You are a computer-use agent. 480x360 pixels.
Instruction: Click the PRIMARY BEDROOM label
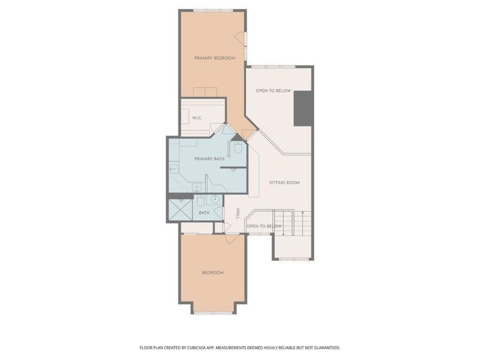[x=215, y=58]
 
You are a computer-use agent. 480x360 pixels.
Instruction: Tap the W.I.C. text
[x=197, y=118]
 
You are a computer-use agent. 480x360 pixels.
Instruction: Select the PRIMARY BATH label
[x=209, y=159]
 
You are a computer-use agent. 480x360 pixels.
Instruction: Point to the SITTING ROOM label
[x=284, y=183]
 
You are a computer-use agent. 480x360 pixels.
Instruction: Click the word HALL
[x=238, y=214]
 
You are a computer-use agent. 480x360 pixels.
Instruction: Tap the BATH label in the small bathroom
[x=204, y=213]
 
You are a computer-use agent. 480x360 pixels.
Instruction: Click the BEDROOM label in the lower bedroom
[x=213, y=273]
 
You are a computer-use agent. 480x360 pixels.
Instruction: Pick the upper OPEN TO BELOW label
[x=273, y=91]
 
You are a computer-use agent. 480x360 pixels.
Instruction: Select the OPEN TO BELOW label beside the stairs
[x=264, y=226]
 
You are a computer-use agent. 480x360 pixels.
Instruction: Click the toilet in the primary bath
[x=238, y=148]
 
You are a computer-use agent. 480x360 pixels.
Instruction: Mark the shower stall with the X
[x=181, y=209]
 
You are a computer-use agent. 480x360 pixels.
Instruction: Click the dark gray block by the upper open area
[x=303, y=109]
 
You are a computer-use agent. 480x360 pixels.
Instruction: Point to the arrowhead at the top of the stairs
[x=302, y=212]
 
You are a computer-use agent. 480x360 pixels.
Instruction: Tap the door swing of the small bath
[x=218, y=212]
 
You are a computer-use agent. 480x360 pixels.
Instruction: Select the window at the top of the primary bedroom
[x=213, y=11]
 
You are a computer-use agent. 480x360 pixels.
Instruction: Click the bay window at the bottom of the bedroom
[x=213, y=313]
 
